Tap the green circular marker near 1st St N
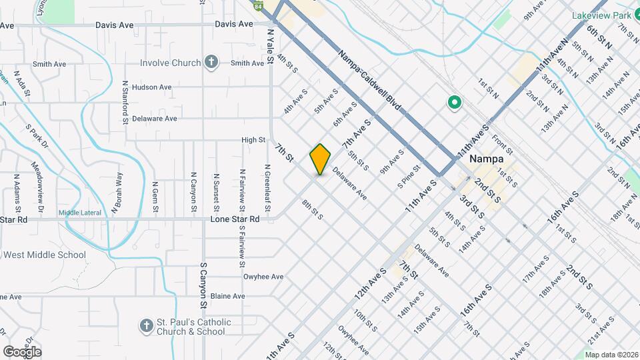point(455,103)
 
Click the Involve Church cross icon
point(211,63)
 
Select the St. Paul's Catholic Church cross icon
point(147,326)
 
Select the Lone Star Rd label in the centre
point(235,219)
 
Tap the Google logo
point(22,351)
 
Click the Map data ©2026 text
point(610,355)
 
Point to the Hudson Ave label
point(152,87)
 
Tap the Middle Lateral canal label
point(79,213)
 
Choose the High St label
point(253,140)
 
